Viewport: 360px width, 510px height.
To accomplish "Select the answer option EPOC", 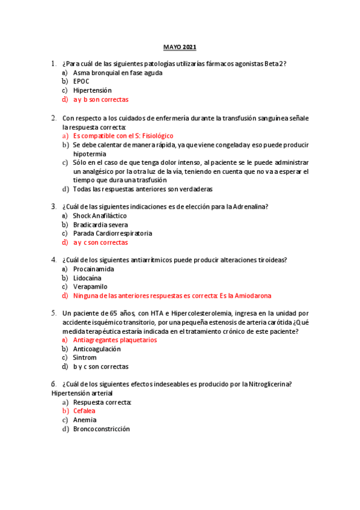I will pos(82,82).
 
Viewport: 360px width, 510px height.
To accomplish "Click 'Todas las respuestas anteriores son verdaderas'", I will pos(142,189).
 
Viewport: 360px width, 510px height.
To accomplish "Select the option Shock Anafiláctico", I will pos(100,215).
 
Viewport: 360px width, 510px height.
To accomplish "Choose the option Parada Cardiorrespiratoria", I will pos(112,233).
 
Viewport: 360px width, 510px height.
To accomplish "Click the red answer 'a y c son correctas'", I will pos(100,242).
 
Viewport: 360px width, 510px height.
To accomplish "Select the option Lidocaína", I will pos(87,278).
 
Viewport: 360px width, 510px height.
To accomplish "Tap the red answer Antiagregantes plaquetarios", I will pos(115,340).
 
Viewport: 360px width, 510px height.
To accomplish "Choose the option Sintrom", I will pos(85,358).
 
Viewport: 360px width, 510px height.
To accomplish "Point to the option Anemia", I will pos(85,420).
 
